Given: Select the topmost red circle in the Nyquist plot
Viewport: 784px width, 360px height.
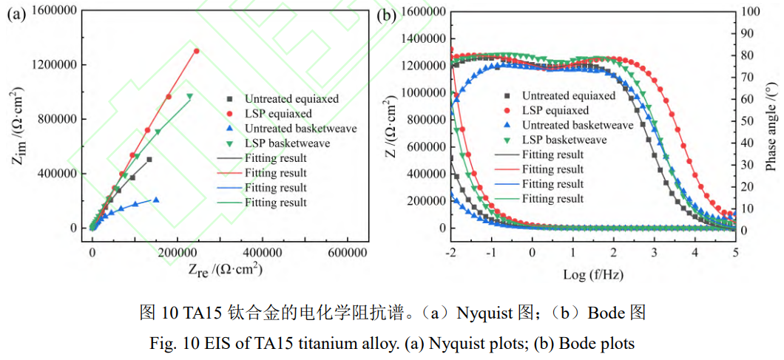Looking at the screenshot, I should [196, 51].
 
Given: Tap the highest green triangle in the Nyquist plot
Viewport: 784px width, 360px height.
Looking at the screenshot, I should [189, 96].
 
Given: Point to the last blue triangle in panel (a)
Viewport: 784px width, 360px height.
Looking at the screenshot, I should [155, 200].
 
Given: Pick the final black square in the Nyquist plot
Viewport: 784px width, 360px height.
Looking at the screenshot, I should [149, 159].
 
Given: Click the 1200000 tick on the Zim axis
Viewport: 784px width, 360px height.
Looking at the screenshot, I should [58, 64].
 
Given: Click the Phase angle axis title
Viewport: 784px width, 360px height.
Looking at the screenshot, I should [771, 128].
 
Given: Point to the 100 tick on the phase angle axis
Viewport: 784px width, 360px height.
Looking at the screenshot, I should [750, 12].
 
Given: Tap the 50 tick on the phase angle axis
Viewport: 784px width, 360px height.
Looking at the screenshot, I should [747, 121].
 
